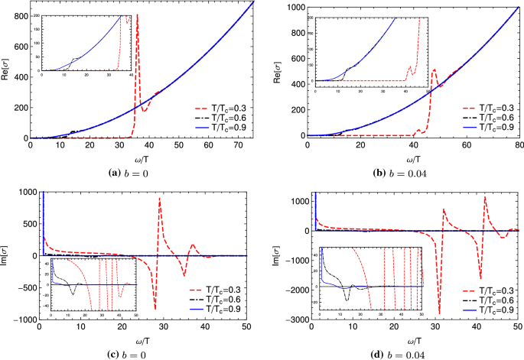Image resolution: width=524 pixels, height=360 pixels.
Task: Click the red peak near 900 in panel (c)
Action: coord(159,198)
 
